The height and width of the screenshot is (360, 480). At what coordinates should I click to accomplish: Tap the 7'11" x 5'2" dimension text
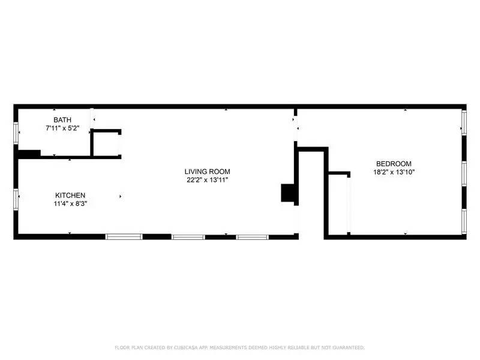point(62,128)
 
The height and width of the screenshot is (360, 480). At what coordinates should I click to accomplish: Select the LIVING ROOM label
point(207,171)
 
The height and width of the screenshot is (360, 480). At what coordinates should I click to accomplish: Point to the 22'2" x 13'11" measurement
point(207,179)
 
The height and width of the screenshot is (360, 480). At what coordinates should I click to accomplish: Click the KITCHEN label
point(70,196)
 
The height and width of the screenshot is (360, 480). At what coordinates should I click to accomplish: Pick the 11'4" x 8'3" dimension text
point(70,204)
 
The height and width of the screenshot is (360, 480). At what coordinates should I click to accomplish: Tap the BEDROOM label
point(394,164)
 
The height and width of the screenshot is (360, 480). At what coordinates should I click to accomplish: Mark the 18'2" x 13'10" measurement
point(394,172)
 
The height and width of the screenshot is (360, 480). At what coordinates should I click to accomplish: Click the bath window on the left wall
point(16,130)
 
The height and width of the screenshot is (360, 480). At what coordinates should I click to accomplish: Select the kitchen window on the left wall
point(16,197)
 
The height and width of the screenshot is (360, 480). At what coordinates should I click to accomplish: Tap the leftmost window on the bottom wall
point(124,236)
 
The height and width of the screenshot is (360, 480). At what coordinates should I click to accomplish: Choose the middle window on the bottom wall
point(190,236)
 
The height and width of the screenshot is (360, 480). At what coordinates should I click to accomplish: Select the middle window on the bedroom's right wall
point(464,172)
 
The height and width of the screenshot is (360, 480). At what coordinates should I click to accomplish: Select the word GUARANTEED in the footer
point(344,347)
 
